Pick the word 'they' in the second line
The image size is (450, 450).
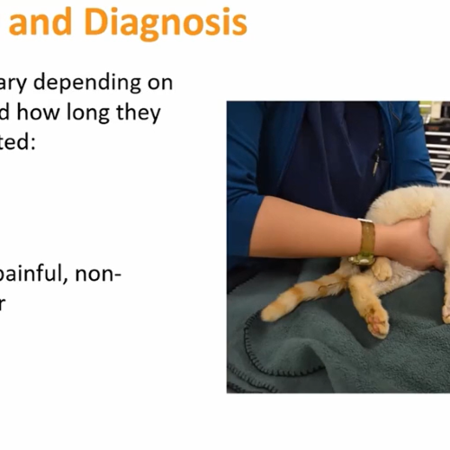(140, 112)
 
